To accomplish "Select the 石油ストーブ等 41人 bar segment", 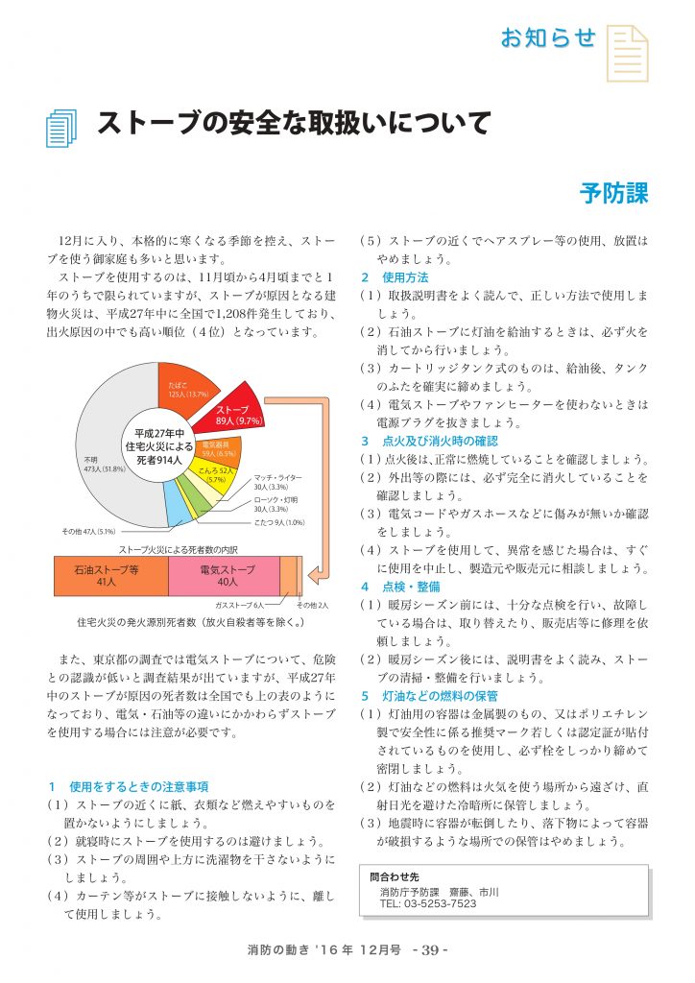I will coord(110,575).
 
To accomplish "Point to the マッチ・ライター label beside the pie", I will coord(277,477).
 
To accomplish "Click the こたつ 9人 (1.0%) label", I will coord(280,522).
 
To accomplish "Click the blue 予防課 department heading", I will coord(614,193).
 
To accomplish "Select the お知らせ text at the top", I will coord(548,38).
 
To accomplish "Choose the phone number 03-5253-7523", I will coord(427,904).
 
